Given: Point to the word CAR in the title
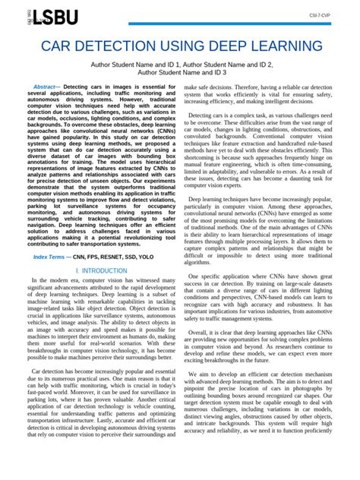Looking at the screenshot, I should (x=59, y=47).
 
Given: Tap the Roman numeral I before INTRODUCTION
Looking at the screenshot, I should (x=77, y=270).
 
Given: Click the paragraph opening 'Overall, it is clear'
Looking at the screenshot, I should (x=271, y=352).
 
